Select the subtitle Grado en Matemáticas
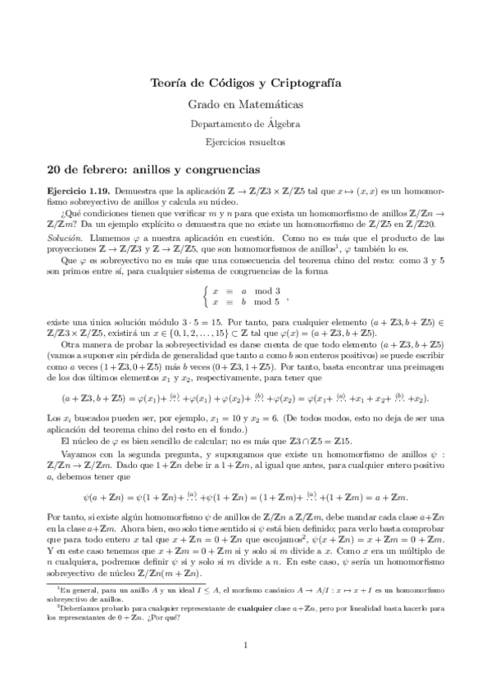pyautogui.click(x=246, y=105)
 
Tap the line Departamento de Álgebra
pyautogui.click(x=246, y=124)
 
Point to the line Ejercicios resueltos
pyautogui.click(x=246, y=142)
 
